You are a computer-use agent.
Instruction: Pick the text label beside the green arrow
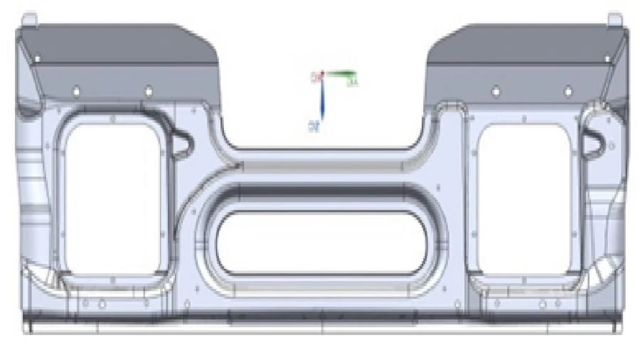352,83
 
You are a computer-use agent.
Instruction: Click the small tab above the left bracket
29,18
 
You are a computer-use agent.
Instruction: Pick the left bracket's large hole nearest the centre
148,91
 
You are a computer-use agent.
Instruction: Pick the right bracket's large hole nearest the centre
496,91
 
